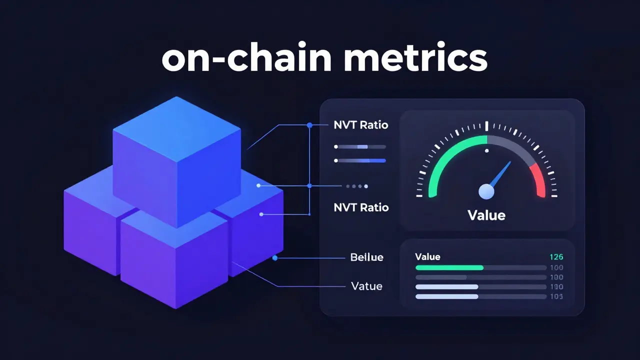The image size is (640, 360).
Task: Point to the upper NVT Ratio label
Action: pyautogui.click(x=360, y=125)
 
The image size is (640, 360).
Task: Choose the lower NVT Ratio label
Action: pyautogui.click(x=360, y=207)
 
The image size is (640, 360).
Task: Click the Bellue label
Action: pyautogui.click(x=366, y=257)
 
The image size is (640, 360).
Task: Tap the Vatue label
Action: pyautogui.click(x=366, y=286)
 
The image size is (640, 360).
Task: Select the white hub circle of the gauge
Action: pyautogui.click(x=486, y=191)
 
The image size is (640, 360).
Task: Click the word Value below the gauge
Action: pyautogui.click(x=486, y=215)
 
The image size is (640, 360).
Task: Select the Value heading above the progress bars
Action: pyautogui.click(x=427, y=257)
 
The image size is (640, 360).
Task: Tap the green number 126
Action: pyautogui.click(x=556, y=257)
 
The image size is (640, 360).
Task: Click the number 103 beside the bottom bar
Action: pyautogui.click(x=556, y=296)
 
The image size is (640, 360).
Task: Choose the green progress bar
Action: pyautogui.click(x=449, y=267)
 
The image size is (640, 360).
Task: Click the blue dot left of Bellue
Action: pyautogui.click(x=274, y=258)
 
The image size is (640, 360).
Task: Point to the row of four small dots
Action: pyautogui.click(x=356, y=186)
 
